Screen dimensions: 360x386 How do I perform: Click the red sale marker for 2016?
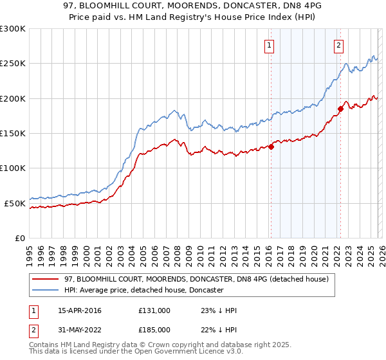(271, 147)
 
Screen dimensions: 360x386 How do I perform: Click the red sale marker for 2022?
(340, 109)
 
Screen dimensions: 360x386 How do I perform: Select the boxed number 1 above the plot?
(268, 45)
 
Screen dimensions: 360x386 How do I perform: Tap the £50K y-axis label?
(15, 203)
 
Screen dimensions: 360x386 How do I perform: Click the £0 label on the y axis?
(20, 238)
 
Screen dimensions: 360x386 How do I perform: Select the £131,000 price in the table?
(154, 310)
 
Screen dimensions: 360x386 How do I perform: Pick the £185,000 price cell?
(154, 330)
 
